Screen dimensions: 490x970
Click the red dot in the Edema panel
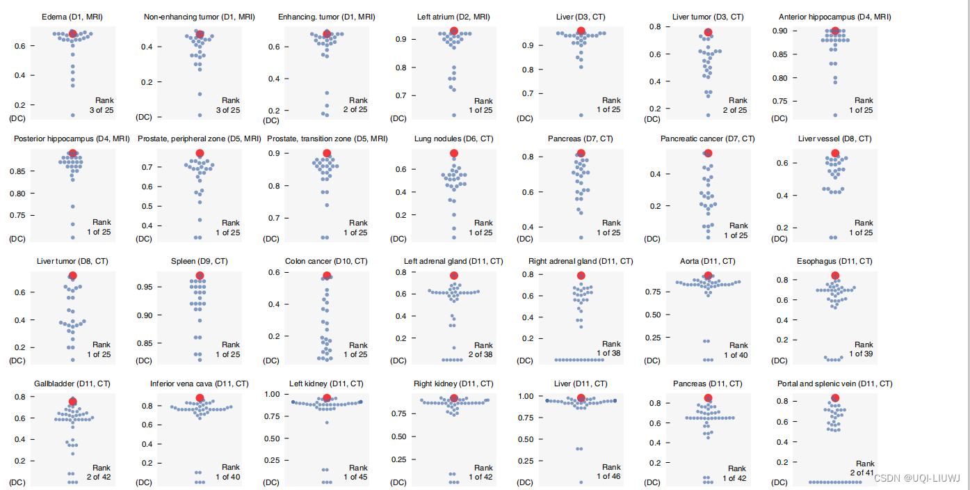[73, 33]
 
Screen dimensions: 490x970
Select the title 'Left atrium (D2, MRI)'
[454, 17]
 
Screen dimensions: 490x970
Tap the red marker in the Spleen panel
[200, 276]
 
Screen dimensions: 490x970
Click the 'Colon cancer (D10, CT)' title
[326, 262]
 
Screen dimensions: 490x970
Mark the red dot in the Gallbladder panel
[73, 401]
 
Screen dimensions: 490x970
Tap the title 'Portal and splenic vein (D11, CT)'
[834, 384]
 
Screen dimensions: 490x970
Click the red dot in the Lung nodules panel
[454, 153]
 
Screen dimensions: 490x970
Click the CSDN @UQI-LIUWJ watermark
[916, 478]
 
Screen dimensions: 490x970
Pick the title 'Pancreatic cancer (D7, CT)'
[707, 139]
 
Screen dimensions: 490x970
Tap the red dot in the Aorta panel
[708, 276]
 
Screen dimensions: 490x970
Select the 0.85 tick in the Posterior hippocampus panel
[19, 171]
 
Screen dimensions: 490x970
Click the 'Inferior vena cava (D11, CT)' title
[199, 384]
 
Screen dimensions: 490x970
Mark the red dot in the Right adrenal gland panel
[581, 276]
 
